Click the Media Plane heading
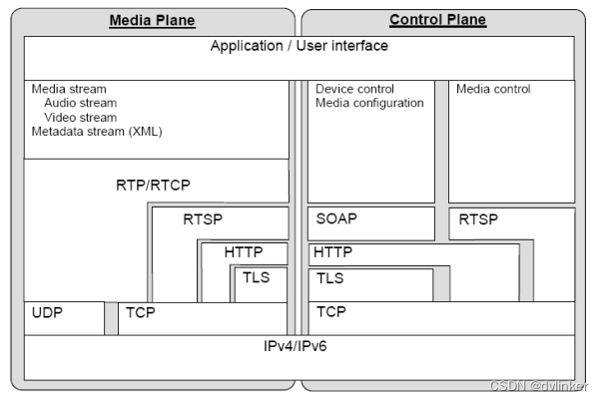(152, 20)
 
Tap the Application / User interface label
(299, 47)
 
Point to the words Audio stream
(80, 103)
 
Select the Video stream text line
(80, 117)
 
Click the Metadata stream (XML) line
(96, 131)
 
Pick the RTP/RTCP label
(153, 185)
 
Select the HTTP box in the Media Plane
(244, 252)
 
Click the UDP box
(48, 313)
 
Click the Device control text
(354, 89)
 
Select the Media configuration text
(369, 103)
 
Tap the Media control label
(493, 89)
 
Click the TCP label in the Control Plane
(331, 313)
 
